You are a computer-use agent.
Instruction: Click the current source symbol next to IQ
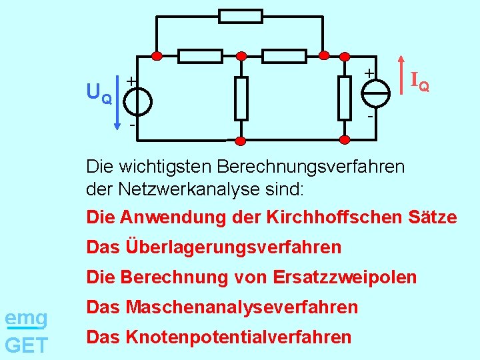377,92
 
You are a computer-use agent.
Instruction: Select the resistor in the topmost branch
241,16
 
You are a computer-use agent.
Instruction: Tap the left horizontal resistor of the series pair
200,56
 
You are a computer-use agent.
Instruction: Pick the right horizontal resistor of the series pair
284,56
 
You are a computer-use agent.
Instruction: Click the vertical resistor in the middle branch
241,98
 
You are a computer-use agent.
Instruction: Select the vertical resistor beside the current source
344,98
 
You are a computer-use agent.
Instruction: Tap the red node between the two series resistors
241,56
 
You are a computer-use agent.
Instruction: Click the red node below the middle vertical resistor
241,140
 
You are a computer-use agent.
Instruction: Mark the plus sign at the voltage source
131,81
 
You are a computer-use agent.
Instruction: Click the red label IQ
419,82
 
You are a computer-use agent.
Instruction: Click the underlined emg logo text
26,318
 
